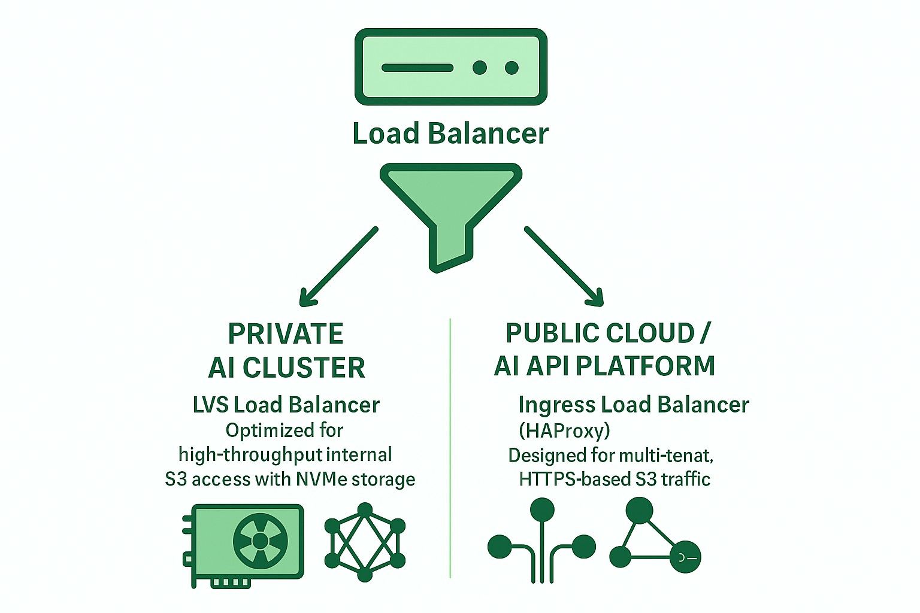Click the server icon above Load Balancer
pos(450,67)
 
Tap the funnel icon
pos(450,204)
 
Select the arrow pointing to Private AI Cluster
pos(338,266)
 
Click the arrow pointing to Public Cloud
pos(564,266)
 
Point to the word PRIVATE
pos(286,334)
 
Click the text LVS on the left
pos(210,405)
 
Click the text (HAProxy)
pos(564,430)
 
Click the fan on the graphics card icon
pos(260,541)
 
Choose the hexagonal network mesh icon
pos(365,542)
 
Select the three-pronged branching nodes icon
pos(542,542)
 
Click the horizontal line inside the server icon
pos(417,68)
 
